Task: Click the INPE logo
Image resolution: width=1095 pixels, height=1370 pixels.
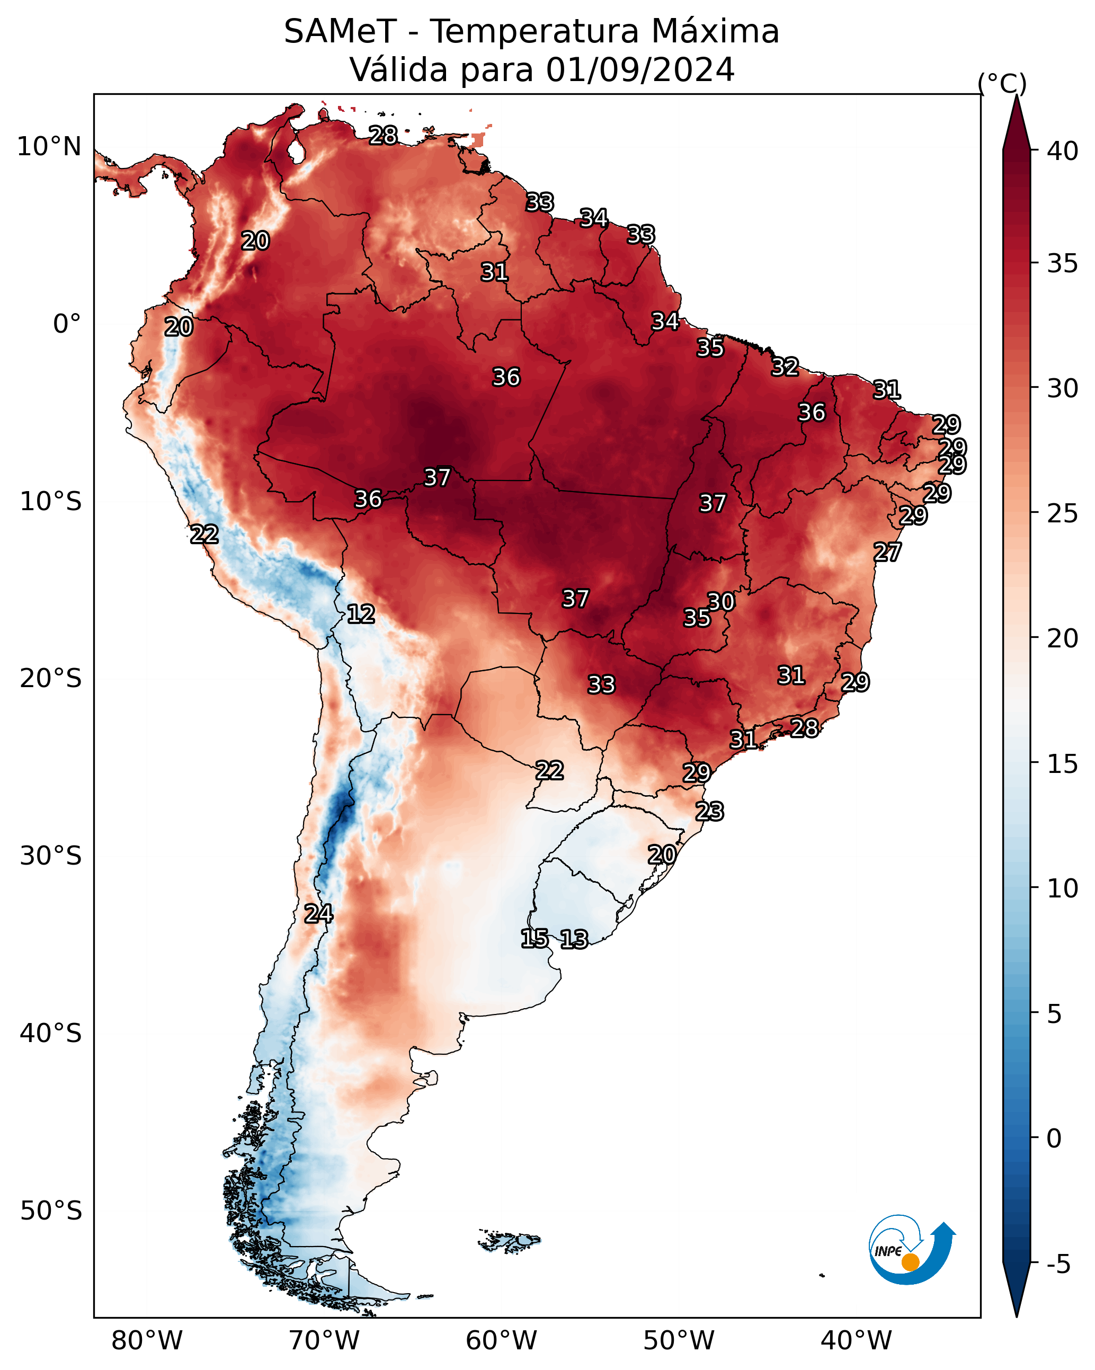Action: point(912,1250)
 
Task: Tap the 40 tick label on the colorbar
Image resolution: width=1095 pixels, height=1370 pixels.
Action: point(1063,151)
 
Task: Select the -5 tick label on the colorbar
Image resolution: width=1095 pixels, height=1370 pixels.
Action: point(1059,1265)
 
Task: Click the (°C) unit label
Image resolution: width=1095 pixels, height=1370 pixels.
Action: point(1002,83)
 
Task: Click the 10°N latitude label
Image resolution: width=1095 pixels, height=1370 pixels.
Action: point(49,147)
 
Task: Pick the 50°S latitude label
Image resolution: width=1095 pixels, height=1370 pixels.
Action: point(51,1211)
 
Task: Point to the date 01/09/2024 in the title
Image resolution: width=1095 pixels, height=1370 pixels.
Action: point(640,69)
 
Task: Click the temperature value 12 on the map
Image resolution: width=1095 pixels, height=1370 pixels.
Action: point(361,614)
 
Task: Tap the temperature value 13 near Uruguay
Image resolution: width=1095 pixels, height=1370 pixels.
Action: point(574,939)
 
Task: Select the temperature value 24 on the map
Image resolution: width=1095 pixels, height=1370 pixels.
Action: point(318,914)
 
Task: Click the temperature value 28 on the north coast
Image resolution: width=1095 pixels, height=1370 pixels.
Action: point(383,135)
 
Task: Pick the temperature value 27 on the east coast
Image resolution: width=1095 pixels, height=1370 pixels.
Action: point(887,552)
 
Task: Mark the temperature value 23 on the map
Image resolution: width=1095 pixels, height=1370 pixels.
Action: point(709,812)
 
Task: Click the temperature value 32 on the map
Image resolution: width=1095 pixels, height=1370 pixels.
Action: point(785,367)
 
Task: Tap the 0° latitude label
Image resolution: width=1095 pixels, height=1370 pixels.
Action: point(67,324)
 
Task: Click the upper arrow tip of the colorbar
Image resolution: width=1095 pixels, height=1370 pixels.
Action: point(1017,95)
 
